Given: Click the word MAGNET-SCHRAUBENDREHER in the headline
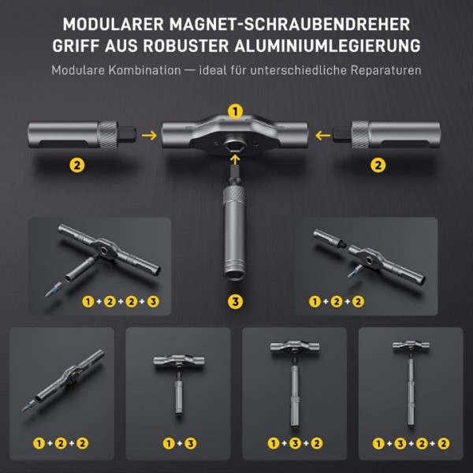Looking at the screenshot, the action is (x=289, y=24).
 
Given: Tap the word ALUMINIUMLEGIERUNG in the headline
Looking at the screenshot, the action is (x=327, y=46).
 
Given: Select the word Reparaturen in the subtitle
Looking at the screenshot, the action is (x=385, y=71).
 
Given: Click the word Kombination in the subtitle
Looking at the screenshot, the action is (x=145, y=70).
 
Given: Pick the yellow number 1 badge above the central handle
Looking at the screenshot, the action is (x=235, y=112).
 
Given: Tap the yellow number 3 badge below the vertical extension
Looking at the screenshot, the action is (x=235, y=301).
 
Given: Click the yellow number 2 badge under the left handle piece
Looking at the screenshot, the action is (x=77, y=166).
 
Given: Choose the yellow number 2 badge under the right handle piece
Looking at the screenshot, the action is (x=378, y=166).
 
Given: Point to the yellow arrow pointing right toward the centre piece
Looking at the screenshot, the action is (x=149, y=136).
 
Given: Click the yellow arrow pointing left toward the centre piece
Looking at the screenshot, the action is (x=322, y=136).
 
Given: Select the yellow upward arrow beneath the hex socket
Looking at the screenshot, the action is (x=235, y=160).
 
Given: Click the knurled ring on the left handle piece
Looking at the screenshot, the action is (x=109, y=134).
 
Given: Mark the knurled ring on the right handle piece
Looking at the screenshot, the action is (x=360, y=134).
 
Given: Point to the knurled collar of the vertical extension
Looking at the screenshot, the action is (x=234, y=195).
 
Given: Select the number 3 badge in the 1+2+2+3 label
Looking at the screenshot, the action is (x=153, y=301).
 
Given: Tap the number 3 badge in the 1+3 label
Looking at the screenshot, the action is (x=191, y=443).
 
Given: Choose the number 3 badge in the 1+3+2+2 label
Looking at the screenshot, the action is (x=400, y=443).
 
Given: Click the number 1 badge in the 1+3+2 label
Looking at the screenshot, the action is (x=274, y=443).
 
